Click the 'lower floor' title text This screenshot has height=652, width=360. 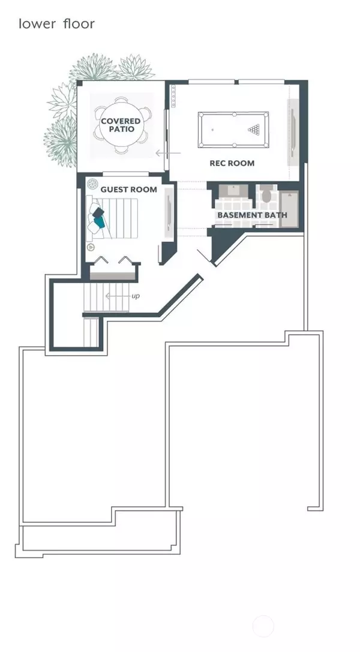coord(56,24)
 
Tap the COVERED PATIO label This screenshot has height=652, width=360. coord(121,125)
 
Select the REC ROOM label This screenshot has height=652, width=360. coord(232,163)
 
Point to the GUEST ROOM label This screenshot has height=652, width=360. coord(129,190)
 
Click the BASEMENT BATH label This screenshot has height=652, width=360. coord(253,215)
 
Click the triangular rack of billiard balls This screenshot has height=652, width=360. coord(254,130)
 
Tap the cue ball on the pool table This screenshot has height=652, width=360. coord(212,130)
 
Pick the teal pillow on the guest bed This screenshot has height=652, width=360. coord(100,222)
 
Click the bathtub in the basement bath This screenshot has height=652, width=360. coord(289,209)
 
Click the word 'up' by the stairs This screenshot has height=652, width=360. coord(136,296)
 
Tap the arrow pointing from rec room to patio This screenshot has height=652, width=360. coord(169,154)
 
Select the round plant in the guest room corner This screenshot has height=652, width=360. coord(92,183)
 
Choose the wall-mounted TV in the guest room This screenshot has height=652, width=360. coord(169,213)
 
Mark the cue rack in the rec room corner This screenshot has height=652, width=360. coord(173,96)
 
